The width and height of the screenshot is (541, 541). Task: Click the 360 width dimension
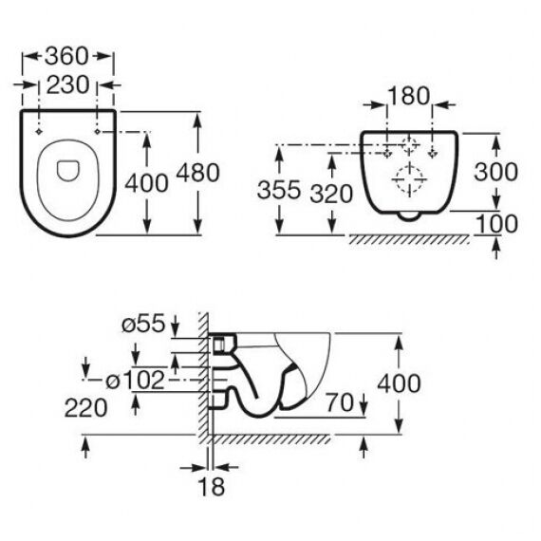pos(66,56)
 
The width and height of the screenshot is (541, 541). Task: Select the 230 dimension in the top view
pos(67,84)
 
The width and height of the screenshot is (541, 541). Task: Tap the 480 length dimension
pos(197,173)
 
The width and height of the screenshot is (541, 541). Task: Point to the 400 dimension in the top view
pos(146,183)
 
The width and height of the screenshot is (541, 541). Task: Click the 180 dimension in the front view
pos(409,96)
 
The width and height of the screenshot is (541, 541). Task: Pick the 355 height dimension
pos(279,190)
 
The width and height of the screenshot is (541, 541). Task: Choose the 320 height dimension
pos(331,194)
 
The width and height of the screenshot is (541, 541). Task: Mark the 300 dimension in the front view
pos(495,172)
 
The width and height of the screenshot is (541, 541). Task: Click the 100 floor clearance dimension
pos(496,224)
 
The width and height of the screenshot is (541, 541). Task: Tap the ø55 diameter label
pos(143,324)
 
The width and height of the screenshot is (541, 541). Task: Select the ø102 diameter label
pos(135,381)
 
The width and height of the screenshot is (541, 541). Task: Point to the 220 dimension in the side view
pos(86,408)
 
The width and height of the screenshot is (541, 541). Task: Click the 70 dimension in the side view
pos(340,402)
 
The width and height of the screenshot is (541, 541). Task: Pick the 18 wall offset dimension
pos(211,487)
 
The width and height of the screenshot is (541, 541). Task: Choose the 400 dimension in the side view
pos(399,383)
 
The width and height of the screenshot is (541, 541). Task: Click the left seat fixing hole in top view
pos(39,132)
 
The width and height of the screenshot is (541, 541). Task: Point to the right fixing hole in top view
pos(98,132)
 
